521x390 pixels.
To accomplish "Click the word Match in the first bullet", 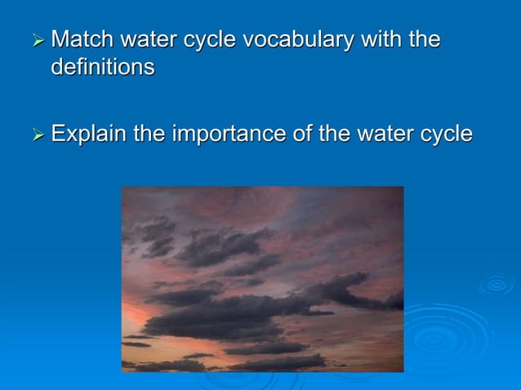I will [83, 39].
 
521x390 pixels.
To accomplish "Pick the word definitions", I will [103, 67].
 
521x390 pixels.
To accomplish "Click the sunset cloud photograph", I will [262, 278].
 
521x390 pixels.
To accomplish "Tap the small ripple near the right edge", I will [496, 284].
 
